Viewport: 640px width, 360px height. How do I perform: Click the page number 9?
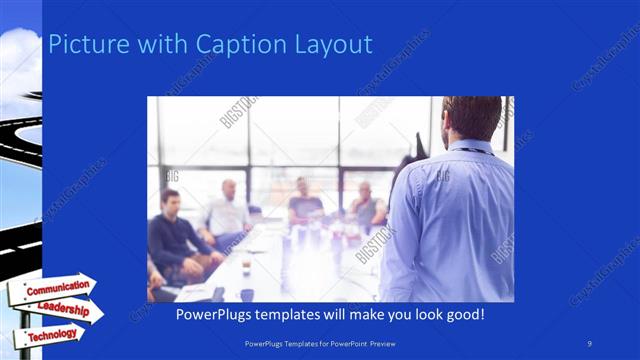(x=590, y=343)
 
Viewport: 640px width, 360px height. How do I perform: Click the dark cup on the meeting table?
(x=247, y=294)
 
